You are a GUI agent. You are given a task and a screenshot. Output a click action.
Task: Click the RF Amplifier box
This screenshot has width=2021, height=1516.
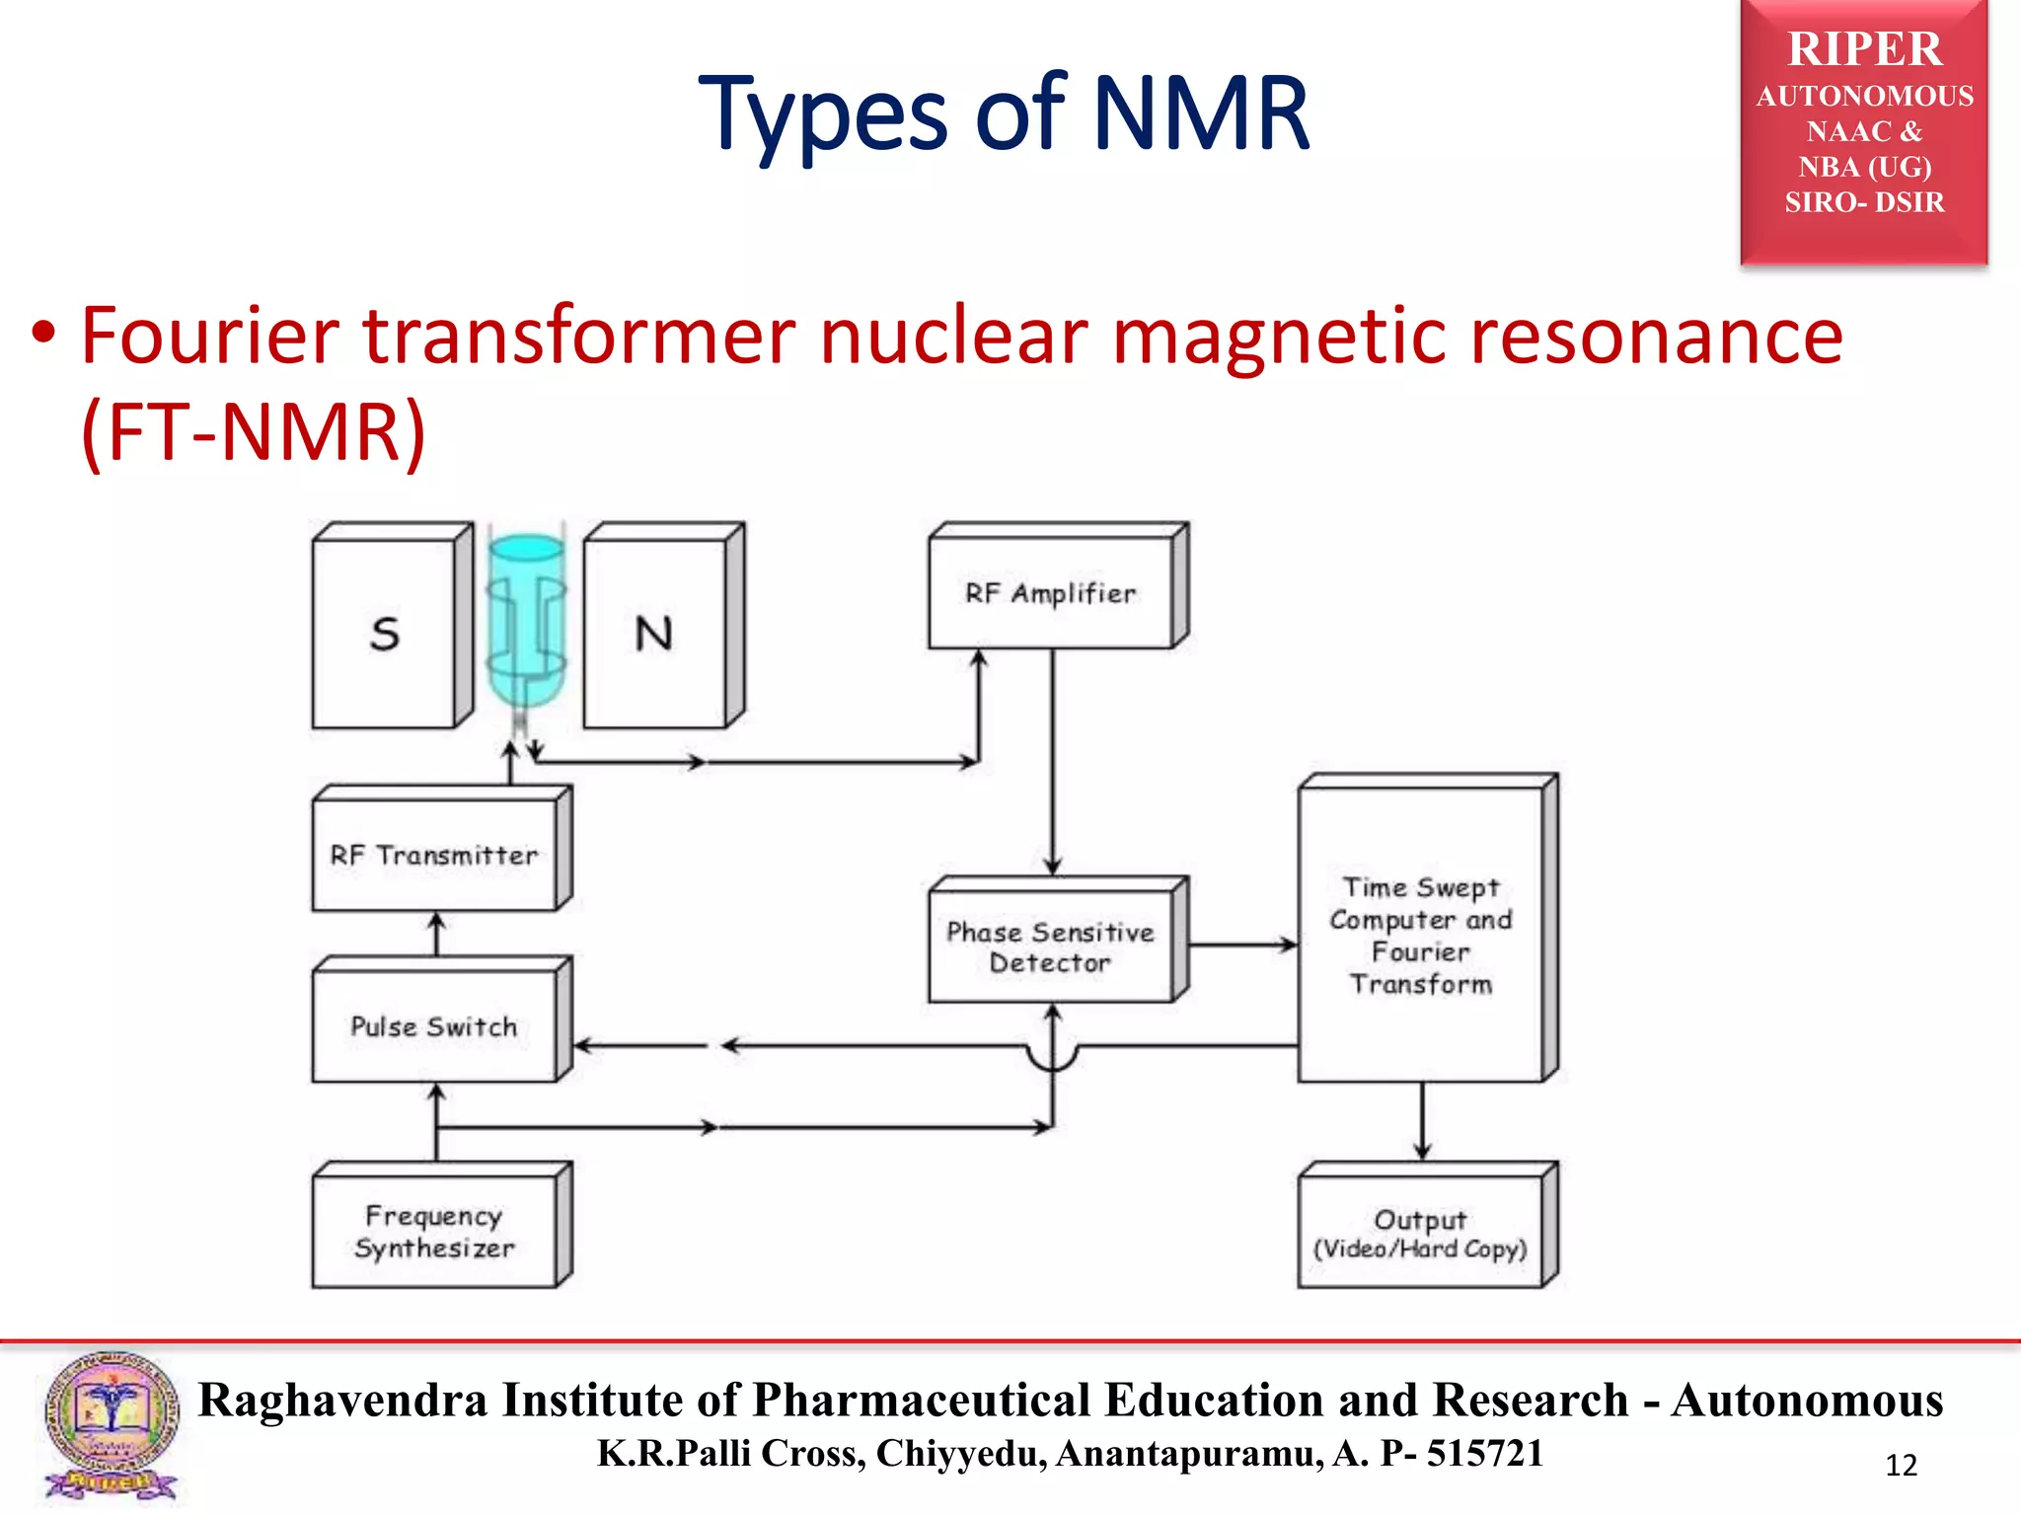coord(1051,593)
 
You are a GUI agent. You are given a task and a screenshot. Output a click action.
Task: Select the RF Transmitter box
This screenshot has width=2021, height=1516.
coord(434,855)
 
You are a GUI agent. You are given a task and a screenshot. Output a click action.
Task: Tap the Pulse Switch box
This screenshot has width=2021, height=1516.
coord(434,1026)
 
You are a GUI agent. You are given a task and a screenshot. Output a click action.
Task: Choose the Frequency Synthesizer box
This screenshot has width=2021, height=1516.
coord(434,1232)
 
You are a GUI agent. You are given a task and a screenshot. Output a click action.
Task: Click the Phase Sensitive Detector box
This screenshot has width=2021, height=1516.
coord(1051,947)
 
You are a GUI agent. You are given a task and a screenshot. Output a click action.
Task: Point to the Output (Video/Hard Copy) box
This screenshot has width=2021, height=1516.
coord(1420,1234)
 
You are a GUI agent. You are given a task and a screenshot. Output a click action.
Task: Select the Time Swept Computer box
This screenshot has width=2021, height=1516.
coord(1420,935)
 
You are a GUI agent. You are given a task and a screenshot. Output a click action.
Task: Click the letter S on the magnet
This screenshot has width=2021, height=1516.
coord(385,634)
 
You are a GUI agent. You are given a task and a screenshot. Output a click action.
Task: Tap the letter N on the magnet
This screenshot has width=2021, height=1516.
coord(653,634)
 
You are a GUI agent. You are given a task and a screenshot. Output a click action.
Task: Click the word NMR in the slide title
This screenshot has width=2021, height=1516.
coord(1201,114)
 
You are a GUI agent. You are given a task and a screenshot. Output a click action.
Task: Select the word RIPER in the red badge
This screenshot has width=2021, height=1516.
coord(1864,49)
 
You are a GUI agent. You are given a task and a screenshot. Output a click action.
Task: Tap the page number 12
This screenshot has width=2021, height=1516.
coord(1901,1465)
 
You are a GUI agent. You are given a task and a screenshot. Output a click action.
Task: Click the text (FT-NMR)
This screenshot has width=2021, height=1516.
coord(253,431)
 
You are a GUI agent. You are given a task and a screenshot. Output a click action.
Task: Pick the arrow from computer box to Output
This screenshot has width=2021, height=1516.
coord(1421,1121)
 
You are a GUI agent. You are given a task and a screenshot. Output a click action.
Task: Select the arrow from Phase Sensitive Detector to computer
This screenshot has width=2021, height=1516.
coord(1243,946)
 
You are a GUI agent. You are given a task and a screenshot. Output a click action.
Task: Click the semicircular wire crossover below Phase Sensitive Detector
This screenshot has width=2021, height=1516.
coord(1053,1058)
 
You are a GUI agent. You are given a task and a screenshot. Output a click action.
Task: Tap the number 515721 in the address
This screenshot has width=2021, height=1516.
coord(1484,1454)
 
